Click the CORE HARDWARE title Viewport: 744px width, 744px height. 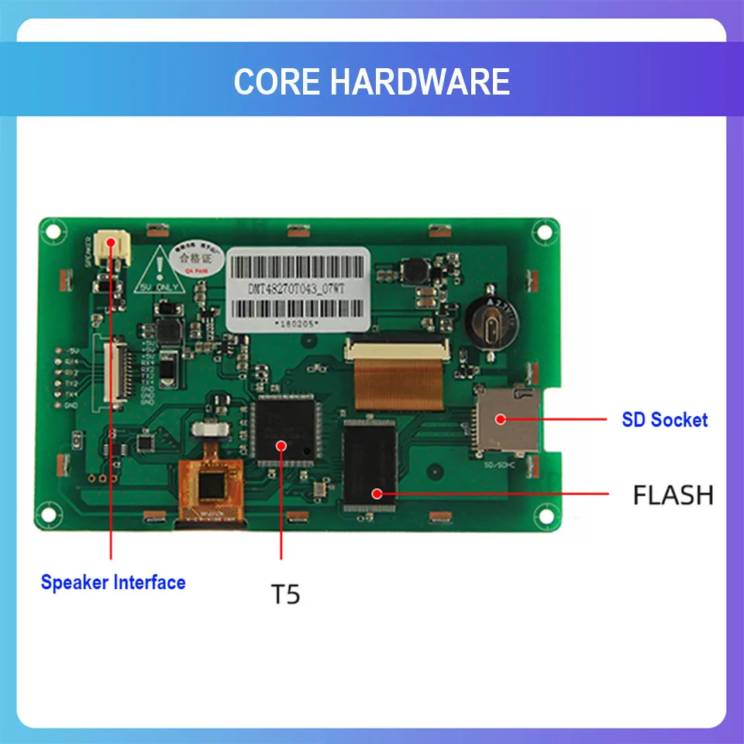coord(372,81)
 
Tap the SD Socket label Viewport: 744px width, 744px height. coord(664,420)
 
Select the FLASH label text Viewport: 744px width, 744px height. coord(673,494)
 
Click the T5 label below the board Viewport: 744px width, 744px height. coord(284,594)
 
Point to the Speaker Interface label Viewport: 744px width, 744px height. coord(113,582)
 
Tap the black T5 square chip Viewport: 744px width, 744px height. coord(281,430)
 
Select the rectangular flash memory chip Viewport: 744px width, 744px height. coord(370,464)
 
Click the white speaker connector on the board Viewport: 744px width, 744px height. coord(110,247)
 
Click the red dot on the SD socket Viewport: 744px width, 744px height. coord(501,419)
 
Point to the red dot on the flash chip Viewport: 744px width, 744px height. coord(377,492)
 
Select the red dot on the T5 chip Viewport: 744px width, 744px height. coord(281,445)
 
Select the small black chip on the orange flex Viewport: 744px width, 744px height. coord(211,487)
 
